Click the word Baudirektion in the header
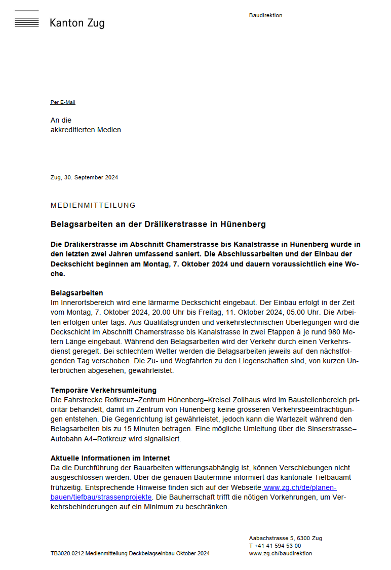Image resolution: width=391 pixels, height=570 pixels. pos(265,15)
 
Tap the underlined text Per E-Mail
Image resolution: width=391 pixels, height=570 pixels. pos(63,102)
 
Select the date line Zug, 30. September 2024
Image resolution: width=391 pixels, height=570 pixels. pos(84,177)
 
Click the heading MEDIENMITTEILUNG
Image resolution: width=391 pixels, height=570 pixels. pos(93,205)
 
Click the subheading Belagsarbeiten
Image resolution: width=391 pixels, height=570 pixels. pos(77,293)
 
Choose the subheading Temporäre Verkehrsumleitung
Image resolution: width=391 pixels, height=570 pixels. pos(103,390)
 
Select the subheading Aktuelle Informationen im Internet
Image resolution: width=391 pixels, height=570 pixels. pos(110,458)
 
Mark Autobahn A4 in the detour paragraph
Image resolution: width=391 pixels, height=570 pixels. pos(72,439)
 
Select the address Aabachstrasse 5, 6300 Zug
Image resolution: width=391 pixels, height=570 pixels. pos(285,538)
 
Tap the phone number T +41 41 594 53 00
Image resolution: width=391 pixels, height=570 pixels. pos(275,546)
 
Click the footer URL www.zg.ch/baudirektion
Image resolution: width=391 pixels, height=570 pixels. pos(281,553)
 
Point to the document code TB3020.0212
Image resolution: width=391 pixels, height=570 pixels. pos(67,553)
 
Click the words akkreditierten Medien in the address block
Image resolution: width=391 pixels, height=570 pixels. pos(86,130)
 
